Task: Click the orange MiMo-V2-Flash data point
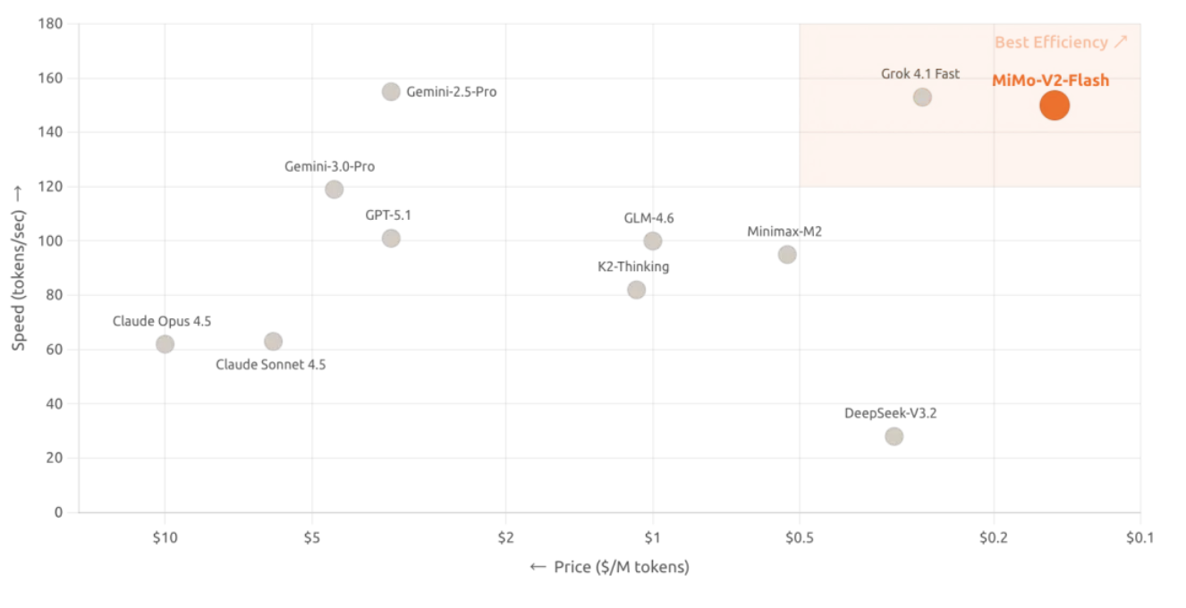pos(1055,106)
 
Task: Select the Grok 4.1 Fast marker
pos(922,97)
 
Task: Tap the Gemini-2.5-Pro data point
pos(391,91)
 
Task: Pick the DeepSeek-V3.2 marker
pos(894,436)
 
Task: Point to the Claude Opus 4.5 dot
pos(165,344)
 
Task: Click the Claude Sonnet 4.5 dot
pos(274,342)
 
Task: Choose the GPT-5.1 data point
pos(391,238)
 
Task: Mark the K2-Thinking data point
pos(636,290)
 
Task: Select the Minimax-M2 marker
pos(787,255)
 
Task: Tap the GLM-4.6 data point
pos(653,241)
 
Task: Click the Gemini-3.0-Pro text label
pos(329,167)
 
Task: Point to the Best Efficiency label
pos(1061,42)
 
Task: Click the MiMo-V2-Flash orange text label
pos(1050,80)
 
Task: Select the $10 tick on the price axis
pos(165,537)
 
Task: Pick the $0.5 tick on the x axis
pos(799,537)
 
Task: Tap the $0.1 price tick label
pos(1139,537)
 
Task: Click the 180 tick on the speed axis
pos(50,23)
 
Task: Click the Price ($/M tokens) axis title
pos(610,567)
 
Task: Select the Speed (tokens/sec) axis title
pos(19,267)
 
